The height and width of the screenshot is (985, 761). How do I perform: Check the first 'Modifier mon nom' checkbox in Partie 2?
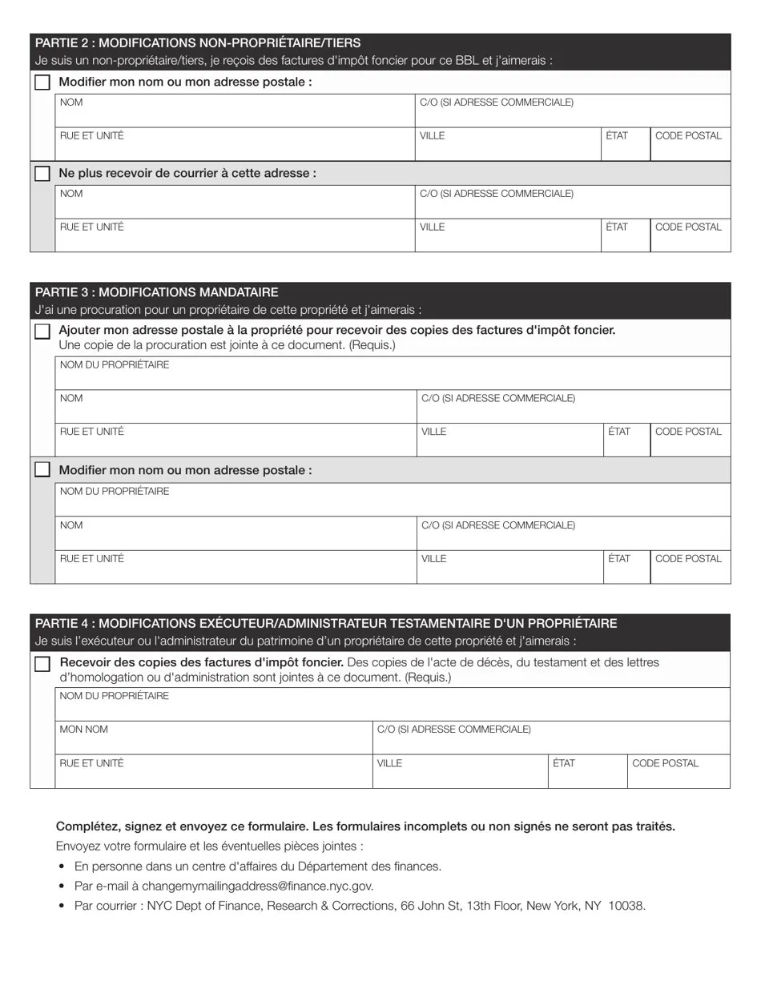[x=42, y=82]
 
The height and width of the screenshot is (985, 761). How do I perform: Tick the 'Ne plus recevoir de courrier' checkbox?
[x=42, y=174]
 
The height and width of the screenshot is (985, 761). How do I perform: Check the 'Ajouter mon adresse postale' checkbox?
[x=42, y=332]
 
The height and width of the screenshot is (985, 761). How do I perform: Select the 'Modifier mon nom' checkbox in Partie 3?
[x=42, y=470]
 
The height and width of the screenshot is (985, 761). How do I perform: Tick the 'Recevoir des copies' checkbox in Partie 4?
[x=42, y=664]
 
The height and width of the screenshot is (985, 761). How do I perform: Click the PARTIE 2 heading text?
[x=198, y=43]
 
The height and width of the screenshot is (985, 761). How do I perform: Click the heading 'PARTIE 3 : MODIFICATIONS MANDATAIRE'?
[x=157, y=292]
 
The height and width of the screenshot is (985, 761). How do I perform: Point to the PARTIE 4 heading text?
[x=326, y=623]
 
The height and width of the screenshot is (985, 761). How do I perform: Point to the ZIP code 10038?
[x=626, y=907]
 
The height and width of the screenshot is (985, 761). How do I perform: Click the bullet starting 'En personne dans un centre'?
[x=257, y=866]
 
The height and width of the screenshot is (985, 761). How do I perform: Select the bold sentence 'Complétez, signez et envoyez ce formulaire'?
[x=365, y=826]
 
